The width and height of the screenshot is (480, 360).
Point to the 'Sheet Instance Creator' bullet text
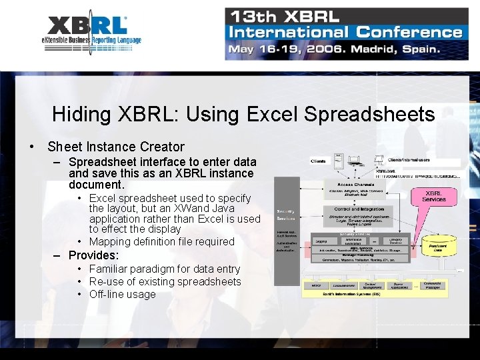(x=115, y=147)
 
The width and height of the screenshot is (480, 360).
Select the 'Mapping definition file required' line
(x=161, y=241)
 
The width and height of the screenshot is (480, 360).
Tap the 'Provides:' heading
(x=93, y=255)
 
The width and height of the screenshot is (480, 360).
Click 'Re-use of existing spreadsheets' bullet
(x=165, y=281)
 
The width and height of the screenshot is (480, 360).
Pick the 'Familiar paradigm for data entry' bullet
(x=164, y=269)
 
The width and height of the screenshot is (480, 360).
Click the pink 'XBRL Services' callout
(x=434, y=197)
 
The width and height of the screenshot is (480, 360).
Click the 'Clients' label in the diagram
(x=319, y=161)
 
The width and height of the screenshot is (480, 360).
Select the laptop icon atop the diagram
(x=355, y=161)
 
